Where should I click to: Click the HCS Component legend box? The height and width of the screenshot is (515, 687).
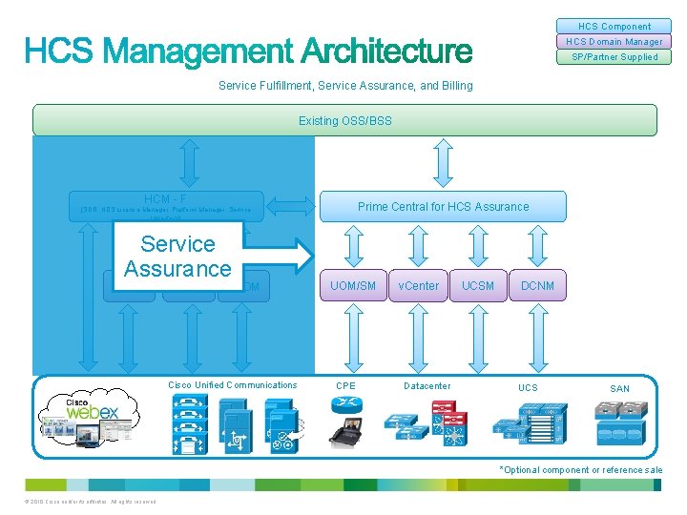pos(614,27)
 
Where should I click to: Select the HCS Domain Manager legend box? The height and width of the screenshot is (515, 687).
pos(614,42)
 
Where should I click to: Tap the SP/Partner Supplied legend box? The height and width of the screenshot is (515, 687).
pos(614,57)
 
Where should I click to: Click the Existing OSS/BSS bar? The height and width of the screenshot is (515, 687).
pos(344,120)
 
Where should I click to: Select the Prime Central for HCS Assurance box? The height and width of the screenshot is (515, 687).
pos(443,206)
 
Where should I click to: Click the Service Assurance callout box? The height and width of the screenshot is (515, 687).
pos(177,257)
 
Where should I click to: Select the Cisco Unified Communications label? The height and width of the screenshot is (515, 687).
pos(232,385)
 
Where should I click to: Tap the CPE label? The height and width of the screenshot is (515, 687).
pos(345,386)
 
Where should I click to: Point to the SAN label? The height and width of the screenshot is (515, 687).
pos(619,388)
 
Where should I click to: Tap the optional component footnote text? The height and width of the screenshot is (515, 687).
pos(581,470)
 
